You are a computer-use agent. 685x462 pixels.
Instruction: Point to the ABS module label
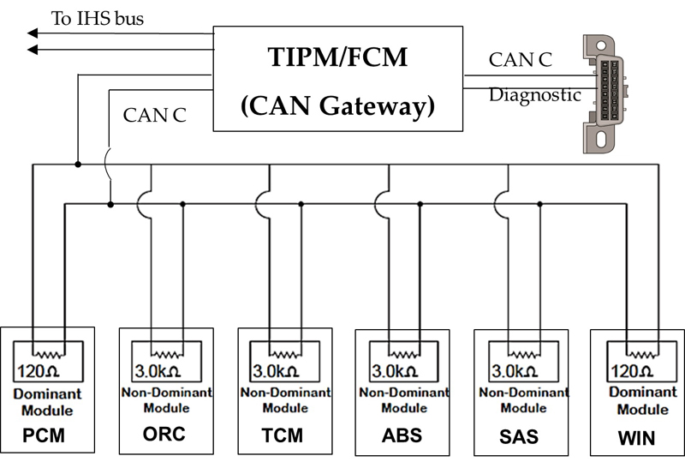click(402, 435)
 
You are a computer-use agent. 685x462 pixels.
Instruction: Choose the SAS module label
click(519, 437)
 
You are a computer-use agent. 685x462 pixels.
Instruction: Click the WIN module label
click(635, 439)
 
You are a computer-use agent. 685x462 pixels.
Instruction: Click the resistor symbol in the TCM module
click(286, 351)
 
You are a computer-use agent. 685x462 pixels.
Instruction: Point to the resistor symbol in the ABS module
click(404, 351)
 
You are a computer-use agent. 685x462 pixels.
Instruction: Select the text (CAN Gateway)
click(337, 106)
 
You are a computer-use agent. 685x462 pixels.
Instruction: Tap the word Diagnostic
click(535, 95)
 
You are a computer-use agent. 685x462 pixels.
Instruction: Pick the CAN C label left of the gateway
click(155, 114)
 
